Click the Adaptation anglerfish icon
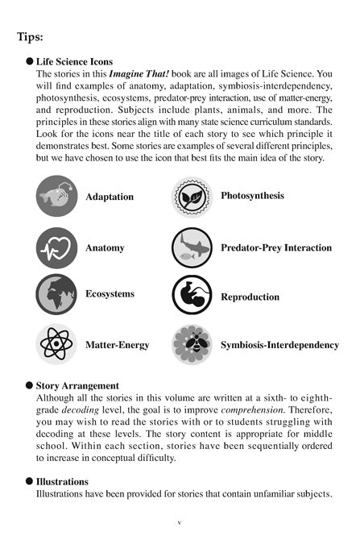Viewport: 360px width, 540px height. click(x=56, y=197)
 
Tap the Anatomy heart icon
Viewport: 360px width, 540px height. click(x=56, y=247)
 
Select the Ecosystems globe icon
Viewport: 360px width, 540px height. click(x=56, y=294)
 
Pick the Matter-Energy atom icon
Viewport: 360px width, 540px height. click(x=56, y=344)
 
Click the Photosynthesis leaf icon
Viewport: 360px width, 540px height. click(x=192, y=197)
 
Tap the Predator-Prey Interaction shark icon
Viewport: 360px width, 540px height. click(x=192, y=247)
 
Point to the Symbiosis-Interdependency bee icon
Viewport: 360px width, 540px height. click(x=192, y=344)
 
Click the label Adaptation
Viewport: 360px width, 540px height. click(x=110, y=197)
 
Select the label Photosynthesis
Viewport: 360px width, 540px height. click(x=252, y=195)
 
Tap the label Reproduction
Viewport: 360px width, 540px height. click(x=250, y=297)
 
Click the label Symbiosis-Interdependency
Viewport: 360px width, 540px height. click(x=279, y=345)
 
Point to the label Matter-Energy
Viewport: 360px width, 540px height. click(x=117, y=345)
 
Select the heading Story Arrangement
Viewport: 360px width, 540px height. click(x=77, y=385)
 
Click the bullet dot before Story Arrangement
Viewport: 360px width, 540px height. click(x=30, y=385)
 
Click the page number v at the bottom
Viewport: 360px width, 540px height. click(x=180, y=523)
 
